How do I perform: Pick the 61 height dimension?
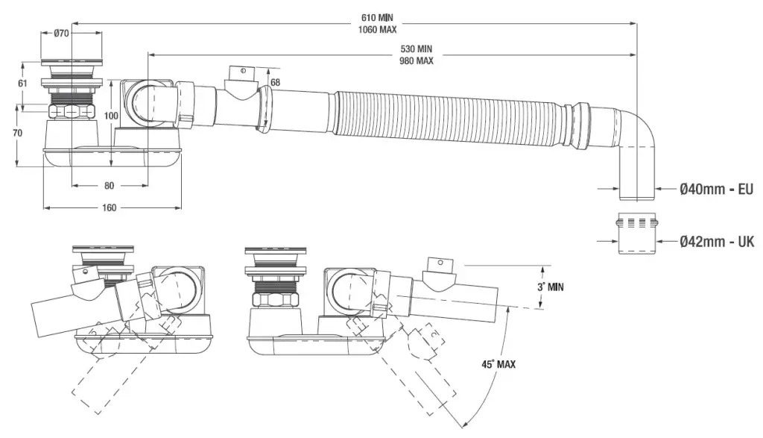[22, 83]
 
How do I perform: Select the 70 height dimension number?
[17, 133]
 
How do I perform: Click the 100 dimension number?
[111, 116]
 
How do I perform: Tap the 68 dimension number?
[275, 82]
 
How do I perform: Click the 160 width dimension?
[110, 207]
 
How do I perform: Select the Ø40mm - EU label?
[716, 190]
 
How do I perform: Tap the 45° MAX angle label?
[498, 364]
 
